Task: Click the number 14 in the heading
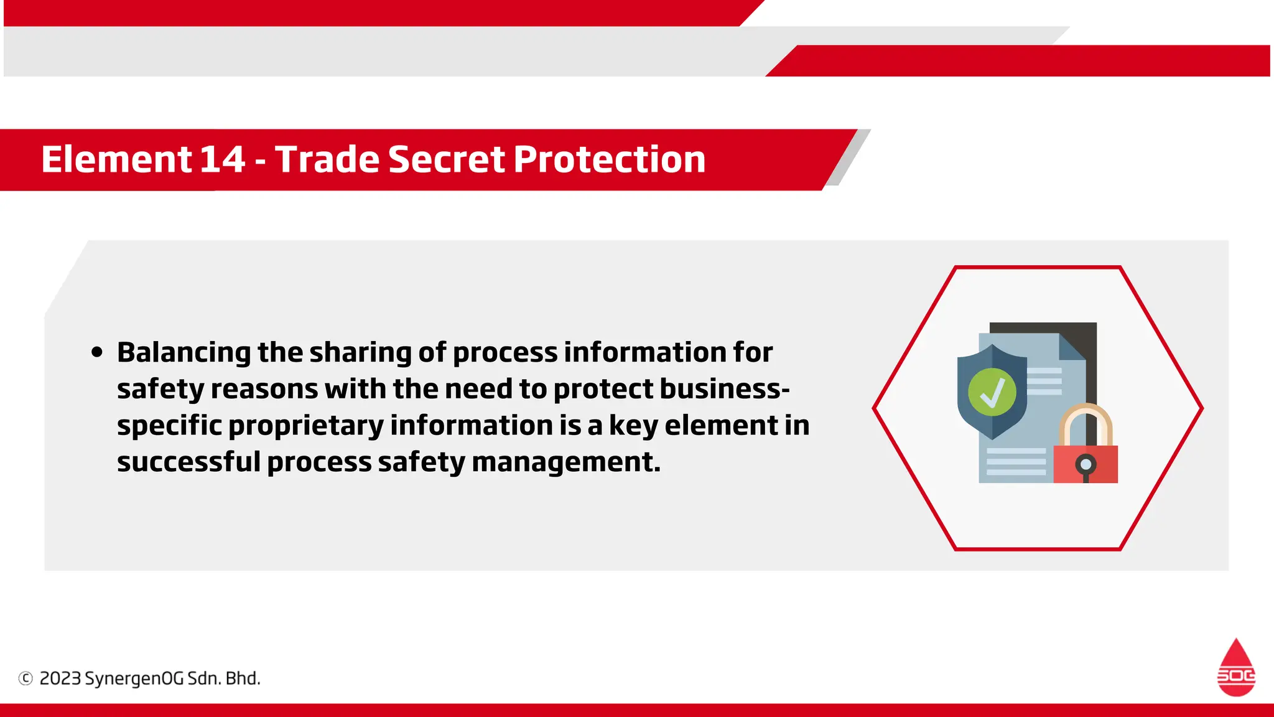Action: (x=222, y=159)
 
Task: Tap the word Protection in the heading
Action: (x=610, y=159)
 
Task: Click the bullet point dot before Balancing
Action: (x=96, y=352)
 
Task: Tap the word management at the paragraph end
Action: (x=565, y=462)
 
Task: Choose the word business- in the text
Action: (x=725, y=389)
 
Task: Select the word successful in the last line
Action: (x=188, y=462)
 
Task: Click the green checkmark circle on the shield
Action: (x=992, y=392)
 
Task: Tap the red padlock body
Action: (x=1086, y=464)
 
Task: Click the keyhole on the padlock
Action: (x=1086, y=465)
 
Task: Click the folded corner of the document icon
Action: (x=1071, y=347)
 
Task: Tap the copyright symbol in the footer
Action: (x=26, y=678)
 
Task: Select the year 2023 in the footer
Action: (x=60, y=678)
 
